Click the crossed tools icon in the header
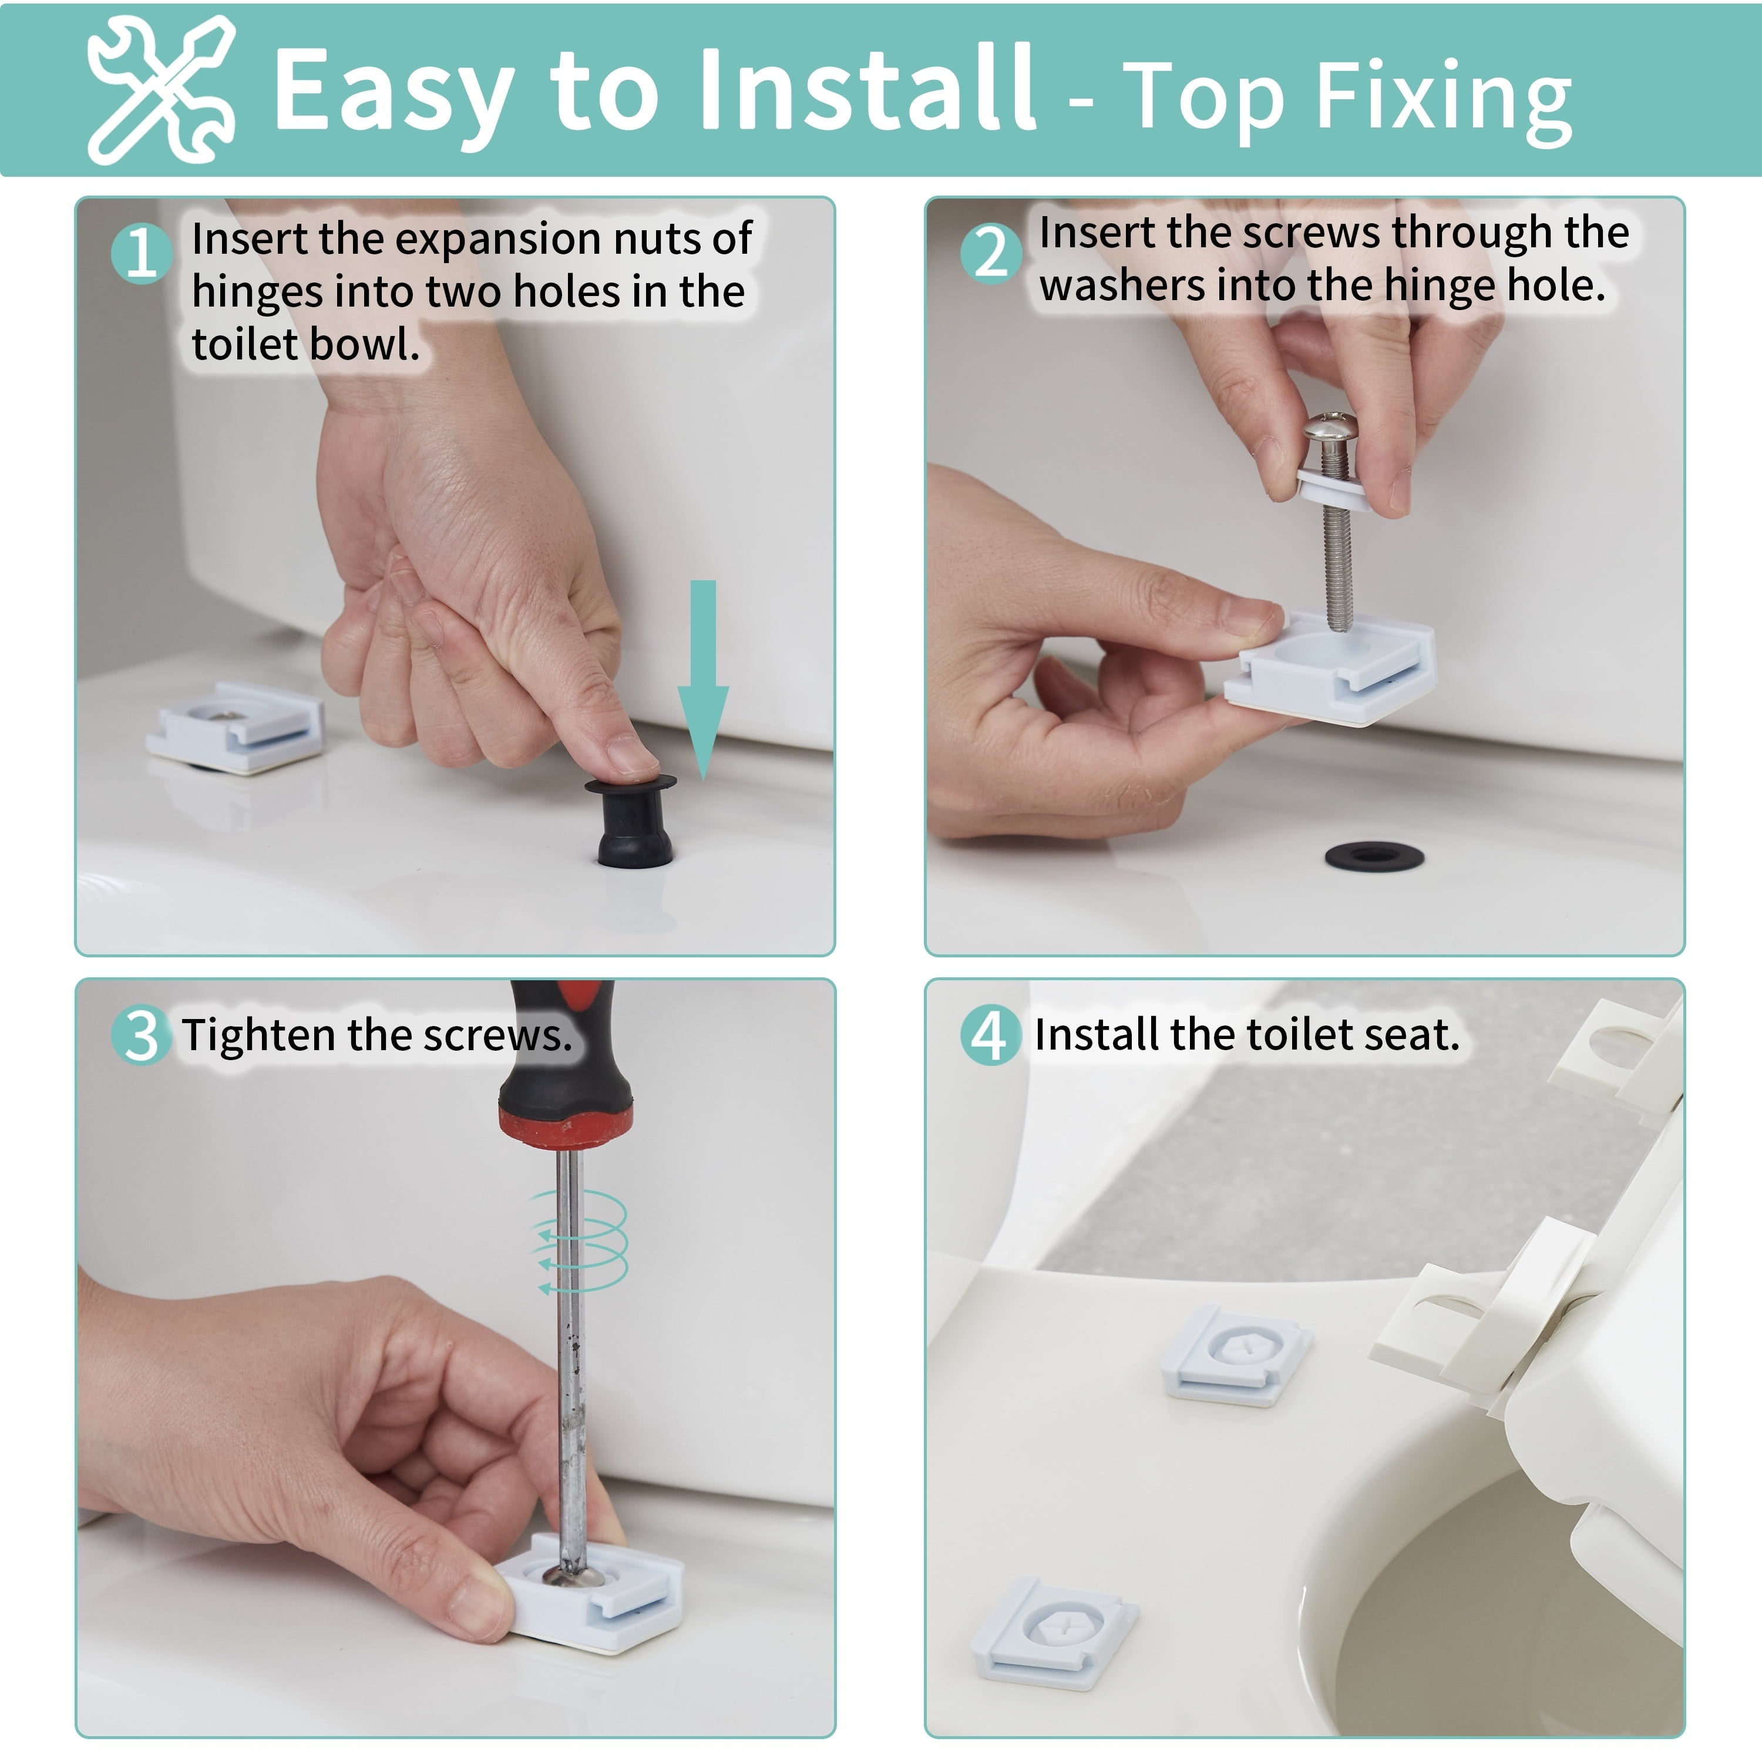point(160,89)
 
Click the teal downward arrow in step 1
point(703,680)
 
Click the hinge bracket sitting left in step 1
point(236,727)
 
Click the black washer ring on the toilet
point(1374,856)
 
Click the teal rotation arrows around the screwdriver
point(582,1241)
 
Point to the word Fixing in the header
point(1445,99)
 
